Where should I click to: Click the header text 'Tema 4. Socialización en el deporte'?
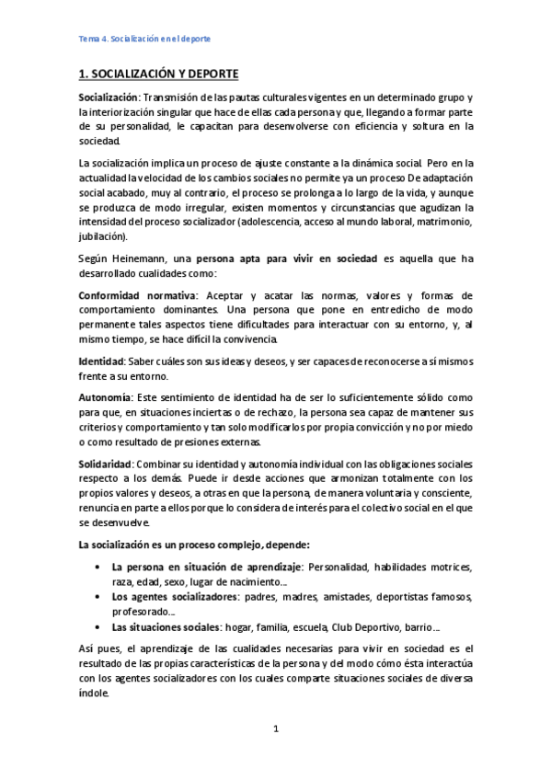coord(143,40)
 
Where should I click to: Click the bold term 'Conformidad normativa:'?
coord(137,296)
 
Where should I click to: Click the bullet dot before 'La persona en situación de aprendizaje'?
coord(98,567)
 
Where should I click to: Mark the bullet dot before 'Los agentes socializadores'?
coord(98,596)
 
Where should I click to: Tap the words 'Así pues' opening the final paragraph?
coord(96,649)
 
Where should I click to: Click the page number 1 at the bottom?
coord(275,729)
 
